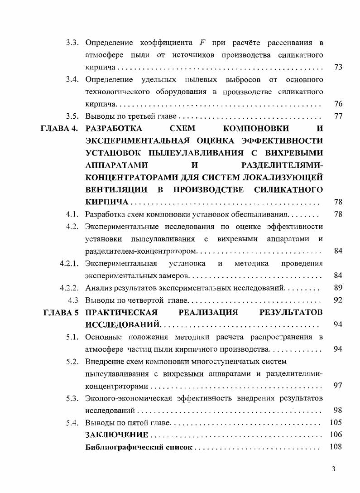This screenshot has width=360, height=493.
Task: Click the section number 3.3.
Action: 72,43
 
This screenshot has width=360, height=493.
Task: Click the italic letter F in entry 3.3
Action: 202,43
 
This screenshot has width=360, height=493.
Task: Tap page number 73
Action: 337,68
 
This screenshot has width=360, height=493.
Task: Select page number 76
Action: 337,104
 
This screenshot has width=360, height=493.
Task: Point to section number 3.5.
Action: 72,116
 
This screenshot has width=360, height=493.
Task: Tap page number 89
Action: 337,288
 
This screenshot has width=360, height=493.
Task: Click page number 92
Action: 337,300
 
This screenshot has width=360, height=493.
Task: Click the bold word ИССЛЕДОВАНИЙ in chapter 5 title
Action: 123,324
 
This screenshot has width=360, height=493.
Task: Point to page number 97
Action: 337,386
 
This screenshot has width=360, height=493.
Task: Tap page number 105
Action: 336,423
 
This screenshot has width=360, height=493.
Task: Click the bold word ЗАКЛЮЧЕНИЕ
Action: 117,435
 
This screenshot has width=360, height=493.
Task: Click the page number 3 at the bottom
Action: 334,469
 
